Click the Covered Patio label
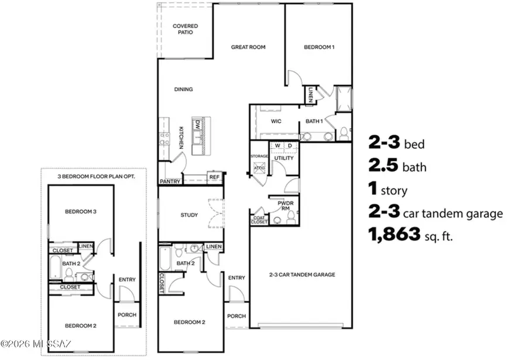184,29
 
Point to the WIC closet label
277,122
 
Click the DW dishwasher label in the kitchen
198,124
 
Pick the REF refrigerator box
214,176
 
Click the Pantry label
170,182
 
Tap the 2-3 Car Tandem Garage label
302,274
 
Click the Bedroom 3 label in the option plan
80,211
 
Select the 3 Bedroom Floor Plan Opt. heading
93,176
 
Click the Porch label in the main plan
237,316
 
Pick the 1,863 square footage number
394,235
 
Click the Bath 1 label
314,122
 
